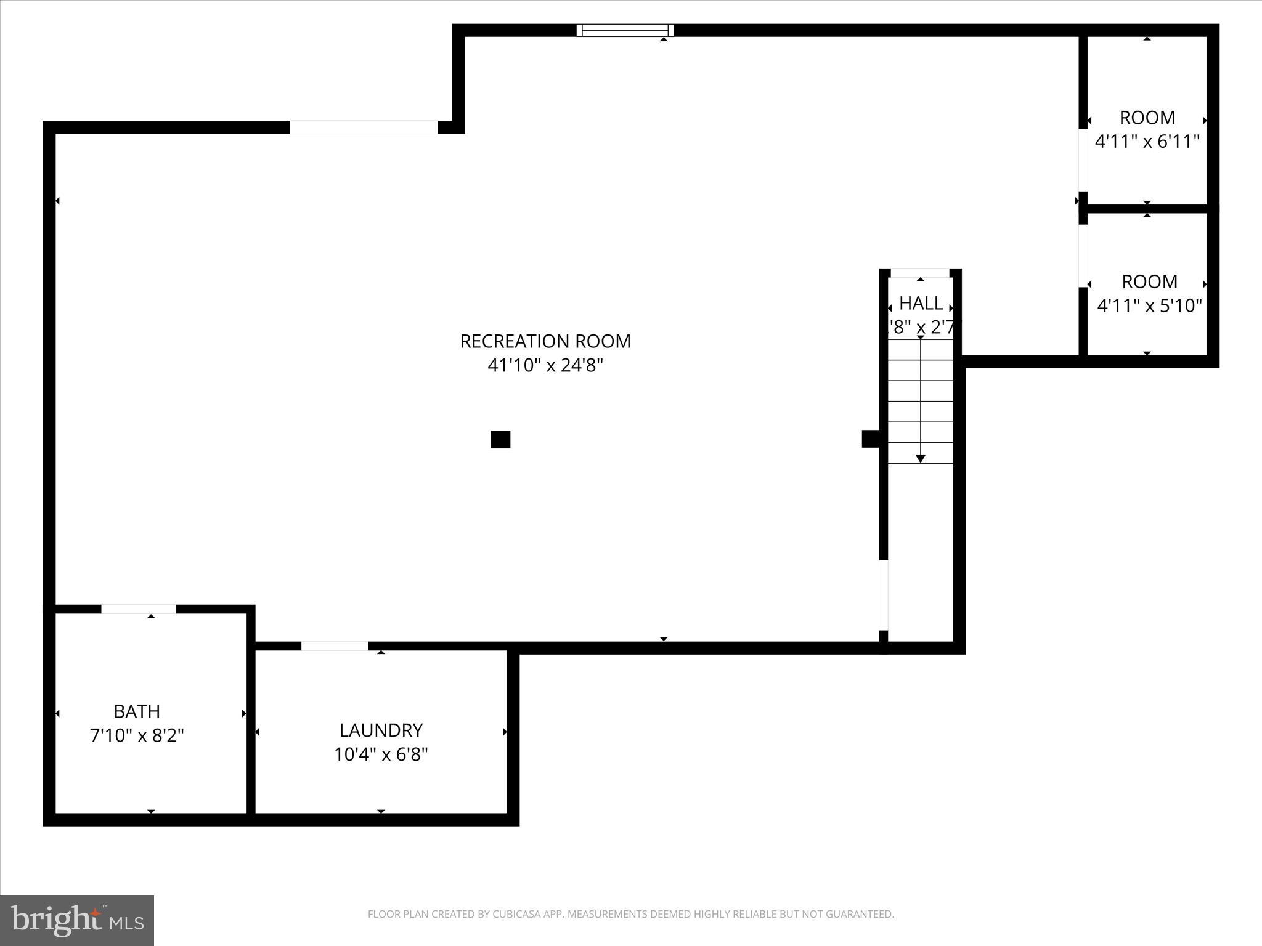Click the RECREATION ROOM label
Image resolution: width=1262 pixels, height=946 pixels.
tap(545, 341)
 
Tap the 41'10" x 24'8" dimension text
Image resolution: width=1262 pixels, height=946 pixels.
tap(545, 366)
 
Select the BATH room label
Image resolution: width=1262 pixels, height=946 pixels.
tap(137, 711)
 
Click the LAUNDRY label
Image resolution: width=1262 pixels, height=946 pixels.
tap(381, 730)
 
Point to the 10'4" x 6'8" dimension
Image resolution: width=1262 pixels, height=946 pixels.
tap(381, 754)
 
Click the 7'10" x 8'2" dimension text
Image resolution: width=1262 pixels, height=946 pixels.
tap(137, 735)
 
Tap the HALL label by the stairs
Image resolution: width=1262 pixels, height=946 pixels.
tap(921, 303)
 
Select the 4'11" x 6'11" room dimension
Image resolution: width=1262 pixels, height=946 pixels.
tap(1147, 142)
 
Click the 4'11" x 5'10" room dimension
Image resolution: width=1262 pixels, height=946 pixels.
tap(1149, 305)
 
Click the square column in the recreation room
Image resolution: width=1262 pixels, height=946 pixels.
tap(500, 440)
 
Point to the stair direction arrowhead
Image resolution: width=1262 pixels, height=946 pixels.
tap(920, 459)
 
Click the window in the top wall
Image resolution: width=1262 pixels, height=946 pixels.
tap(625, 30)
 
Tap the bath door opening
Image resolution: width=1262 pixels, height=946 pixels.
tap(139, 609)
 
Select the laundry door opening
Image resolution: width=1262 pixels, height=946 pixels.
tap(335, 646)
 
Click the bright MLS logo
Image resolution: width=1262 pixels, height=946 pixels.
tap(77, 921)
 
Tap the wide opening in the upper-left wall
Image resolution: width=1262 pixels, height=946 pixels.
tap(364, 127)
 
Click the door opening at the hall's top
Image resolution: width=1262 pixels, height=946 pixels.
tap(920, 273)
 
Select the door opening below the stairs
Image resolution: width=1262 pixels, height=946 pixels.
tap(883, 595)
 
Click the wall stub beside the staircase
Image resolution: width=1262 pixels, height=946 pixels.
tap(870, 439)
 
